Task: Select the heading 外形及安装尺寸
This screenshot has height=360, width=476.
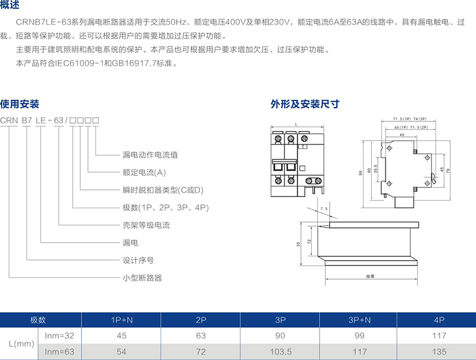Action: click(x=305, y=104)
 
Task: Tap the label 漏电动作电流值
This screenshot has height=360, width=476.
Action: click(x=150, y=155)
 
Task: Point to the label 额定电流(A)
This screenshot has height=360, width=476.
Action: click(x=143, y=173)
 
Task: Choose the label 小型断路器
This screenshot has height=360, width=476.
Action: click(x=142, y=278)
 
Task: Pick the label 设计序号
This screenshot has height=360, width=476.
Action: click(x=138, y=260)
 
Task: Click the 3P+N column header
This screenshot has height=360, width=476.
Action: click(x=359, y=320)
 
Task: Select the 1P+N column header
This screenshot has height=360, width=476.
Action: click(x=122, y=320)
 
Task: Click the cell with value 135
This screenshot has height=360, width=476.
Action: click(x=440, y=352)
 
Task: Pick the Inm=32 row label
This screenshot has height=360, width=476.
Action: click(x=59, y=336)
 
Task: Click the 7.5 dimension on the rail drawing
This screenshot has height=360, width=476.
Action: click(x=323, y=209)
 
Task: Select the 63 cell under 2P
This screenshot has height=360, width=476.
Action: click(x=201, y=336)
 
